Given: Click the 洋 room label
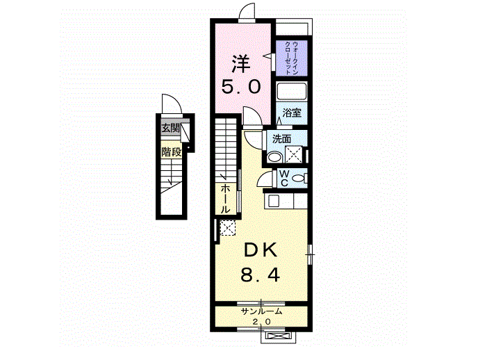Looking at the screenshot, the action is [241, 64].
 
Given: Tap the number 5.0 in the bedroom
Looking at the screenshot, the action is [241, 87].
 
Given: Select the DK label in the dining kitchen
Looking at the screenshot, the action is [261, 250].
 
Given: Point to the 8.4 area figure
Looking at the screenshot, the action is [261, 275].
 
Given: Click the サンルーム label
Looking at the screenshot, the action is [261, 311].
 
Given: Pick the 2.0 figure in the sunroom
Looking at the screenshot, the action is [261, 322].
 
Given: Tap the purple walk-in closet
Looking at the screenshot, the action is [292, 58].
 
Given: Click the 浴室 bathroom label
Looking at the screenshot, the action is [292, 113].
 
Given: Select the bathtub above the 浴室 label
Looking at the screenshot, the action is [292, 92].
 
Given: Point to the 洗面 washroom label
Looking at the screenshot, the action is [281, 139].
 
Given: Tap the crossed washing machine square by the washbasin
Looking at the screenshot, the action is [294, 155].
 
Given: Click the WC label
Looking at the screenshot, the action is [284, 179].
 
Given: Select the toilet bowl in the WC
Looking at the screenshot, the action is [299, 178].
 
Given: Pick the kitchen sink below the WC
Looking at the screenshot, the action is [274, 202].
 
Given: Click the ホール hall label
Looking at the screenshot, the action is [225, 199].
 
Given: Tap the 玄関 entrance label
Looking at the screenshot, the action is [170, 129].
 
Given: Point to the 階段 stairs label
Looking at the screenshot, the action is [172, 152].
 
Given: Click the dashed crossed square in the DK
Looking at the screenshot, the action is [228, 227].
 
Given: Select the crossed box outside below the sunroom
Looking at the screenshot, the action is [278, 336].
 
